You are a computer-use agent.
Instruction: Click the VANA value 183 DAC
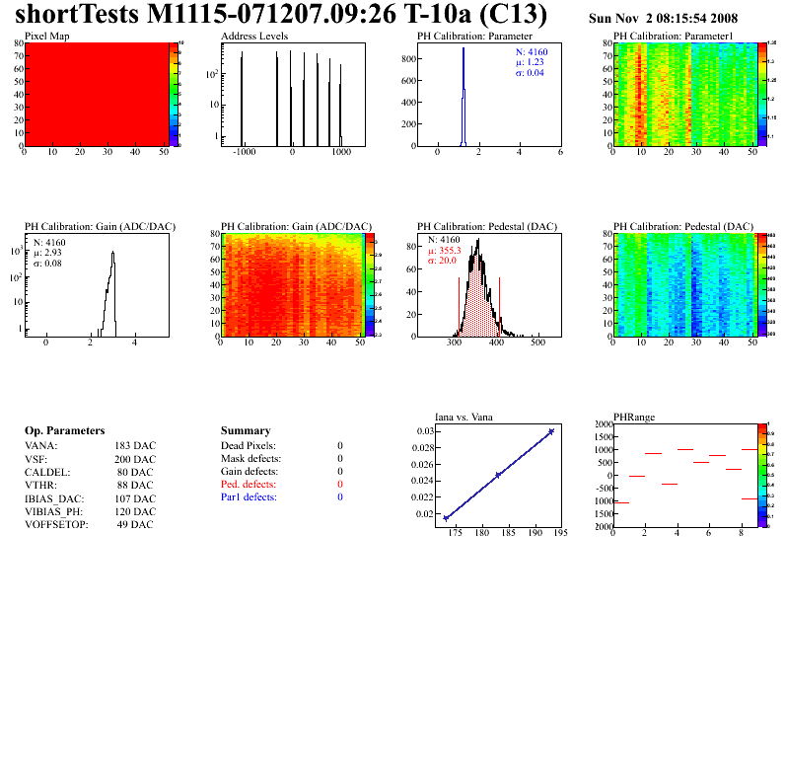(135, 445)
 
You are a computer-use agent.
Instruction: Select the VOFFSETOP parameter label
(56, 524)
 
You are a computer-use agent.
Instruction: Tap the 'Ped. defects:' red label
(249, 485)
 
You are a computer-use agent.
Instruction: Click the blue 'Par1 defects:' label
(249, 497)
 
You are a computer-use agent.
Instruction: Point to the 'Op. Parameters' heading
(64, 431)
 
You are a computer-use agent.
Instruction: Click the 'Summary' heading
(246, 431)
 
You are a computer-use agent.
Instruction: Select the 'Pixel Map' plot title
(46, 36)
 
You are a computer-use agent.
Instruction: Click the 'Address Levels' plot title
(254, 36)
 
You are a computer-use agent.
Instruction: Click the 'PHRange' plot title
(631, 417)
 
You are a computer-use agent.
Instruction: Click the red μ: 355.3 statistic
(444, 251)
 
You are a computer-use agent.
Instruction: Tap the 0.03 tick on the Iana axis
(423, 431)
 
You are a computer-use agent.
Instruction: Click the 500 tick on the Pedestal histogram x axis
(537, 346)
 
